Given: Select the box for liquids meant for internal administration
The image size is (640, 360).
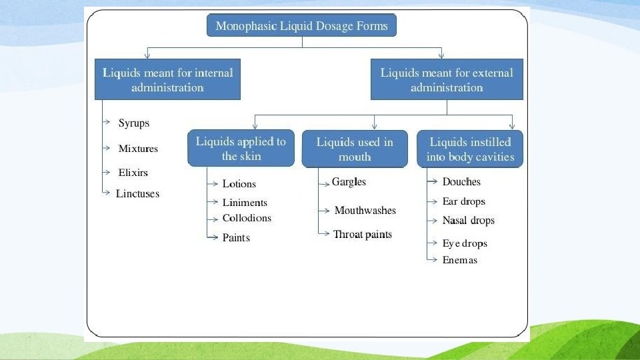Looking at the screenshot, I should tap(167, 79).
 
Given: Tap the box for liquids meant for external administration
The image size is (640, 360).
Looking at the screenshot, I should tap(447, 79).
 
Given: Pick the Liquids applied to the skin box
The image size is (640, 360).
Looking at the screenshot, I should tap(241, 148).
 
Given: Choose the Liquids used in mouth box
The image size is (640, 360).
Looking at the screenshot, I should tap(355, 149).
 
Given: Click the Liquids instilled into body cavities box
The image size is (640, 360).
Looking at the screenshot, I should tap(470, 149).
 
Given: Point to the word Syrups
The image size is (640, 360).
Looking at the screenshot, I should tap(134, 123).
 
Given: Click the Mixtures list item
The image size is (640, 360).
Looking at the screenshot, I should tap(138, 149).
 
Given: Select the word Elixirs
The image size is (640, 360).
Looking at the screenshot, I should tap(133, 173).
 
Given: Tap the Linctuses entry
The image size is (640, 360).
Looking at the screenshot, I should tap(137, 194).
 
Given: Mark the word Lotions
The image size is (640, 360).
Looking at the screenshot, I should tap(239, 184).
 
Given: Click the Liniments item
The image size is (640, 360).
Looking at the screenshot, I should tap(245, 203).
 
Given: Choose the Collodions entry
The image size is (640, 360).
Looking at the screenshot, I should tap(247, 218).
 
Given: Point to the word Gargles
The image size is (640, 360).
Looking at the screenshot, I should tap(349, 182).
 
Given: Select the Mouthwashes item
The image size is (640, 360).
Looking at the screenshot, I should tap(365, 211).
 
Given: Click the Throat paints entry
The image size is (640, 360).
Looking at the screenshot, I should tap(362, 234).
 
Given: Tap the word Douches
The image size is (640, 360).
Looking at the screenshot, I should tap(461, 182).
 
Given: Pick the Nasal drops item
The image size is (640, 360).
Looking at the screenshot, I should tap(468, 221).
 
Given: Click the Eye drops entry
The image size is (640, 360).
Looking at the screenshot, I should tap(465, 244).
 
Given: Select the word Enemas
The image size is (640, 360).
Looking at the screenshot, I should tap(460, 260).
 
